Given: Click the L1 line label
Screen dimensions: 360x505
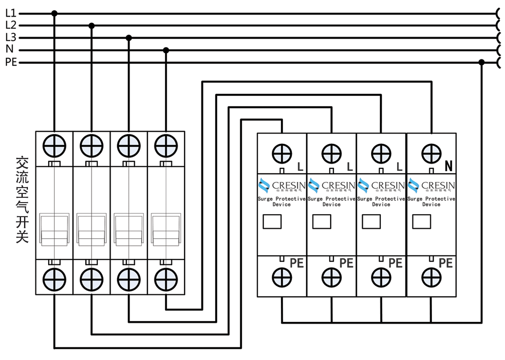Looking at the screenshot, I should (11, 13).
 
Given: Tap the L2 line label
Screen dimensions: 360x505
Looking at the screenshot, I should (11, 25).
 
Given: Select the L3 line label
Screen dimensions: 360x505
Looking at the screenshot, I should (11, 37).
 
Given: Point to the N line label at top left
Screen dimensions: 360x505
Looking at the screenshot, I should (9, 49).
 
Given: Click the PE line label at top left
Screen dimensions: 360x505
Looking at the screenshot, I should (11, 63).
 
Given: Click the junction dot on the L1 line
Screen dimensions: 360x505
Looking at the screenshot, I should (54, 13).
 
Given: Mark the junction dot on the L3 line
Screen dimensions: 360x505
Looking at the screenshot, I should (128, 38).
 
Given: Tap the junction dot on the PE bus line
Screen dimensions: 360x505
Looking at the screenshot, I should (481, 63).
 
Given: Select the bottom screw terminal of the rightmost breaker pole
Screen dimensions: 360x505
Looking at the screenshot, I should (166, 279).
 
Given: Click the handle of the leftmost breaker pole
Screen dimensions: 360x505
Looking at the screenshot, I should (54, 229).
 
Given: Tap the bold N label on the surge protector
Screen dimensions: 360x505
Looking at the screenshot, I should (449, 166).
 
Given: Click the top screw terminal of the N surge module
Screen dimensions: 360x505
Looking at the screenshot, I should (431, 153).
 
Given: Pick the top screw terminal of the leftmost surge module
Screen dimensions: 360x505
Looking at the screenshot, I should (282, 154).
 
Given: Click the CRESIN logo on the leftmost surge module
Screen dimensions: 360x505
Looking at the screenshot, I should (282, 186).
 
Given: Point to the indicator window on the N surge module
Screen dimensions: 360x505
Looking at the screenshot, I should (421, 222).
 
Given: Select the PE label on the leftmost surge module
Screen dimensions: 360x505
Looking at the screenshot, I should (297, 263).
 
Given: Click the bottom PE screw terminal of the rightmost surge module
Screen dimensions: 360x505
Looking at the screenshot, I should (431, 277).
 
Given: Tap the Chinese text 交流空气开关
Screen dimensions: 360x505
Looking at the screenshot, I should (22, 200).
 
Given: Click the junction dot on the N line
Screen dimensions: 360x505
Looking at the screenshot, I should (166, 50).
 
